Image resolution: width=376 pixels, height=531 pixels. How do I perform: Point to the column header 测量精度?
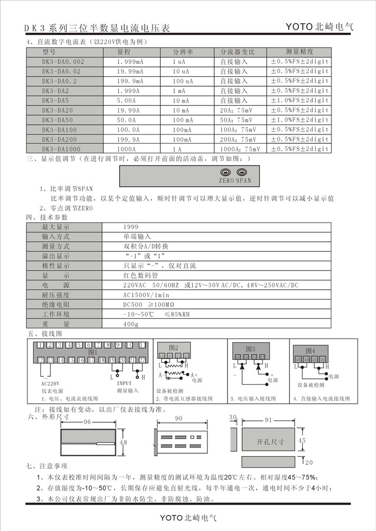[x=299, y=52]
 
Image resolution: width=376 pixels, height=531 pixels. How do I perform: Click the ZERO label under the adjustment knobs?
[x=227, y=181]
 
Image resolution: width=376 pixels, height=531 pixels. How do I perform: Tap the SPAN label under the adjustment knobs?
[x=243, y=181]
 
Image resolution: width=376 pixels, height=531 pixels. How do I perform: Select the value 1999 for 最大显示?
[x=131, y=227]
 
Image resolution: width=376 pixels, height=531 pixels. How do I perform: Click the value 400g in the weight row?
[x=131, y=324]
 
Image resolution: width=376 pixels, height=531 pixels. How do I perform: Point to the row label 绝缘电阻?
[x=55, y=305]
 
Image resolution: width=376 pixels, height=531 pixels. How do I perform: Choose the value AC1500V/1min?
[x=144, y=295]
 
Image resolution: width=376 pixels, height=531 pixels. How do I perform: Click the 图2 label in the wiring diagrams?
[x=174, y=348]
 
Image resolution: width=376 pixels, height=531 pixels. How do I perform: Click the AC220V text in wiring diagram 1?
[x=49, y=384]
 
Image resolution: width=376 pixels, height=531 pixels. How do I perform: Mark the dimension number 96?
[x=87, y=422]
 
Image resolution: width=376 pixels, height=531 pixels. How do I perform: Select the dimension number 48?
[x=123, y=442]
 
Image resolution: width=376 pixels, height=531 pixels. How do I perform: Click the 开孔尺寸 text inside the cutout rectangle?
[x=271, y=442]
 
